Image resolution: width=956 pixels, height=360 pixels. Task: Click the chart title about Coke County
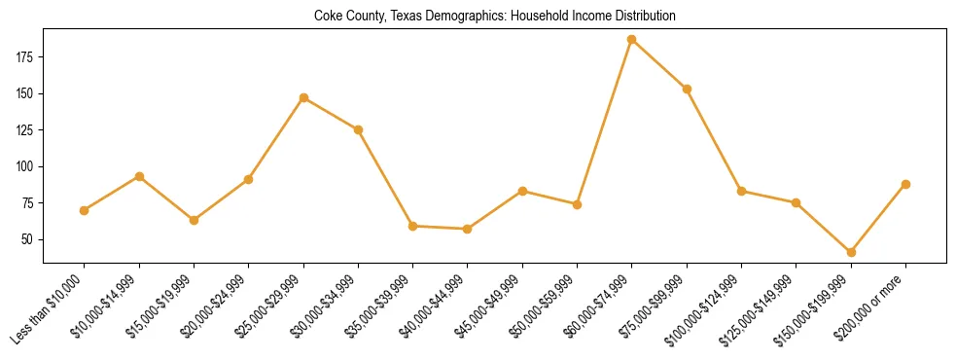[x=494, y=17]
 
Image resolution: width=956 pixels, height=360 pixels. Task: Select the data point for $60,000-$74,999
[x=632, y=40]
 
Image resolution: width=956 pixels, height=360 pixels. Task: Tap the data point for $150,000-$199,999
[x=851, y=252]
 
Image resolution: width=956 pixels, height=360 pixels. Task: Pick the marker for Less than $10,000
[x=85, y=210]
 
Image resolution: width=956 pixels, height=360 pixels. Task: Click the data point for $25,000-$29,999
[x=303, y=97]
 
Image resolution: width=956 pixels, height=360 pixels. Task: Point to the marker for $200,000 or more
[x=905, y=184]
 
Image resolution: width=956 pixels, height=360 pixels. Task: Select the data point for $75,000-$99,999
[x=687, y=89]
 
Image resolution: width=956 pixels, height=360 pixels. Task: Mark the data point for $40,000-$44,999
[x=468, y=229]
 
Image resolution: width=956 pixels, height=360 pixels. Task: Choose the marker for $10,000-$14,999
[x=139, y=176]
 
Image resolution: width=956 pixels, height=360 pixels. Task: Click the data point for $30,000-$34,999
[x=358, y=129]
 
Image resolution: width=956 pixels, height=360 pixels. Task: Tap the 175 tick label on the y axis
[x=26, y=57]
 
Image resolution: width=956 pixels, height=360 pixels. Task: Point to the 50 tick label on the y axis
[x=29, y=239]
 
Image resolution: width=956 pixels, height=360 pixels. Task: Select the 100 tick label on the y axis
[x=26, y=166]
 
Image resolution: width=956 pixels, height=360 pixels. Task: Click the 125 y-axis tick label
[x=26, y=130]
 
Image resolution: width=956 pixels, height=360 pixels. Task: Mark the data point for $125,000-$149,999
[x=796, y=202]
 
